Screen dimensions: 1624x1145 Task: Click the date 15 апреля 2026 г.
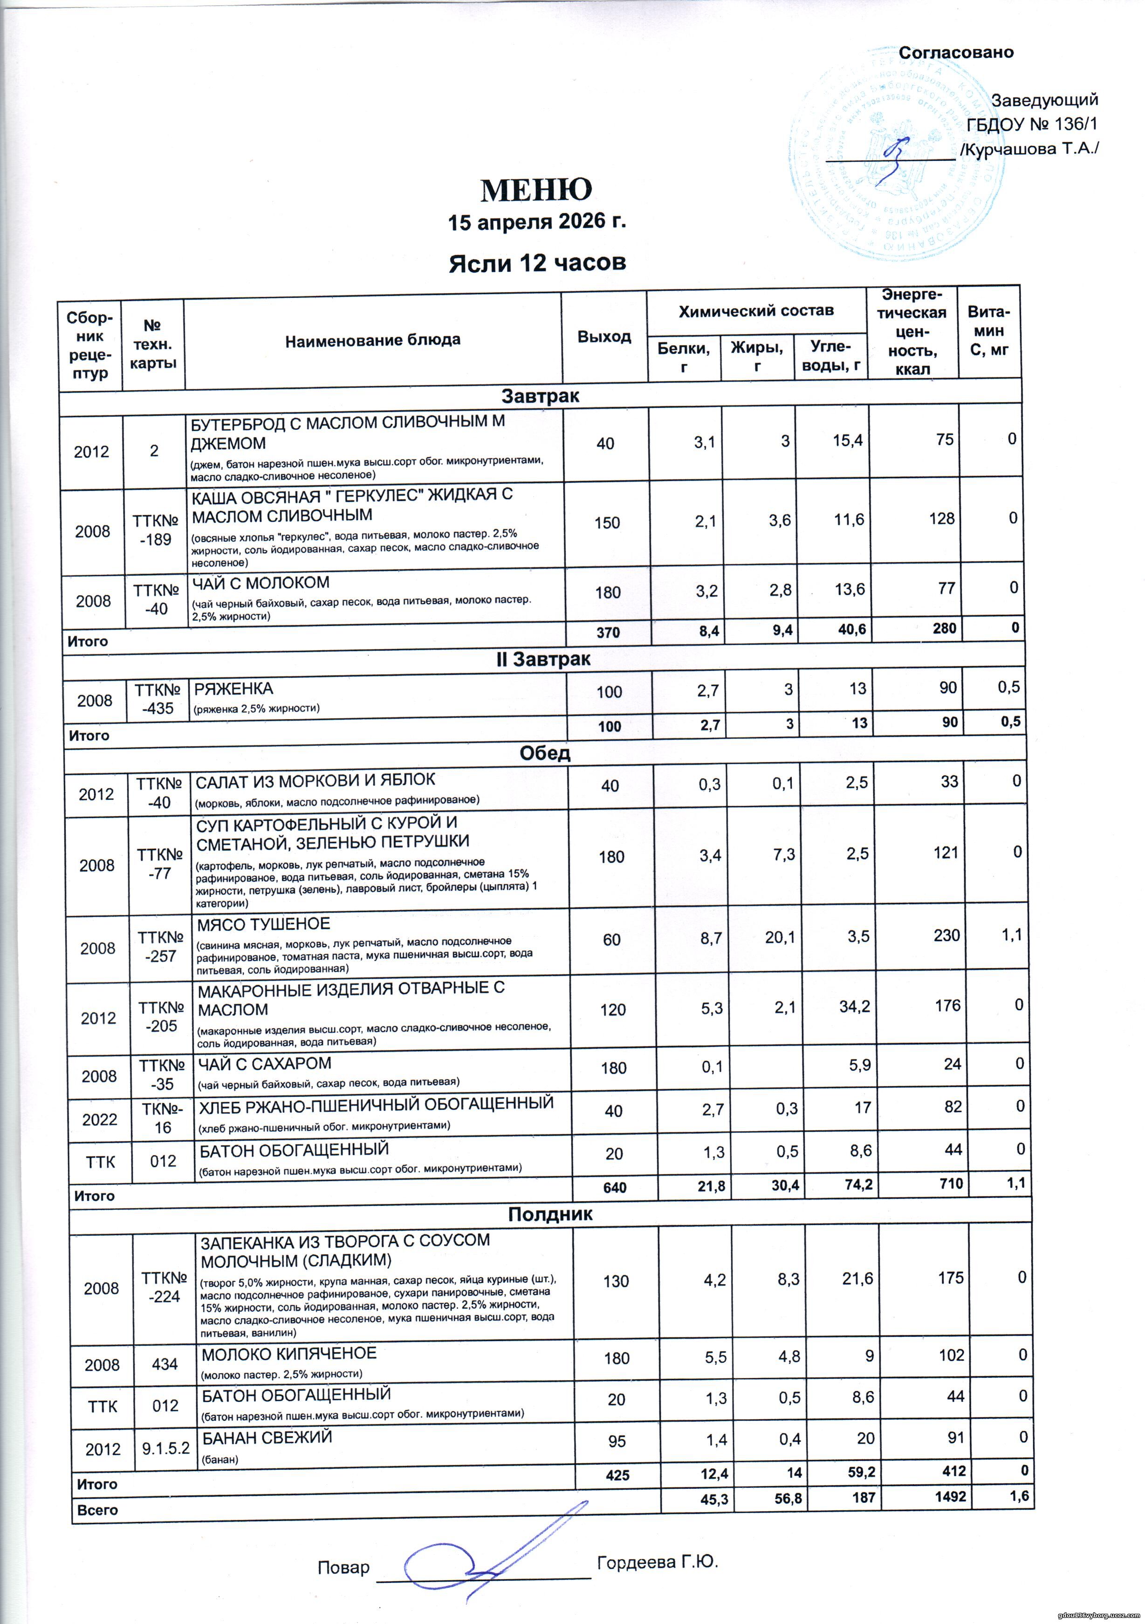(x=537, y=222)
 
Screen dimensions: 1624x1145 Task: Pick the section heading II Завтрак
(x=541, y=659)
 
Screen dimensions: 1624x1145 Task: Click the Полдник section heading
(x=550, y=1214)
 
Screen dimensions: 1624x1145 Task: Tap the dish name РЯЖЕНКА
(x=233, y=688)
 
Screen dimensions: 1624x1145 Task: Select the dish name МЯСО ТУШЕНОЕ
(x=263, y=924)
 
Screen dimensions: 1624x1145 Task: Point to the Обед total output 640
(x=615, y=1187)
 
